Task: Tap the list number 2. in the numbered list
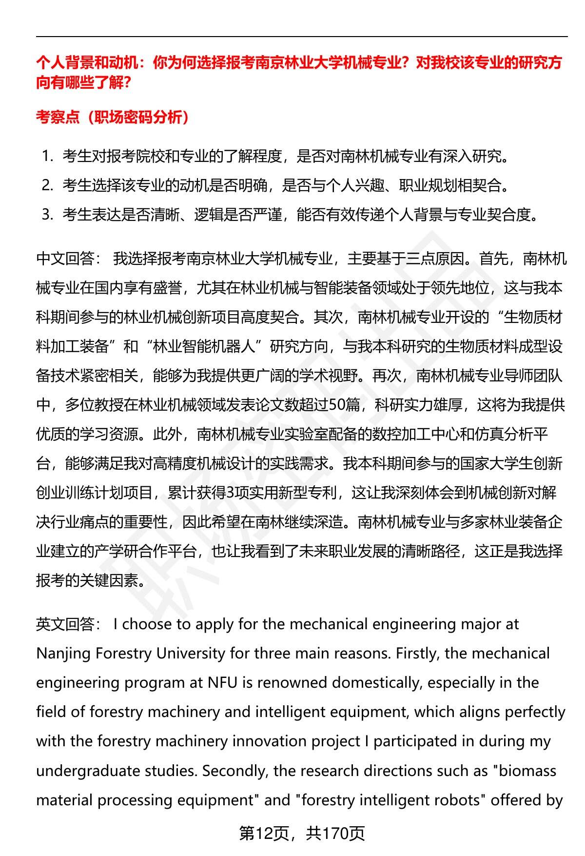tap(47, 185)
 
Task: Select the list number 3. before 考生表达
tap(47, 214)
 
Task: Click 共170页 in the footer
tap(335, 834)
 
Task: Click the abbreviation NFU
tap(222, 683)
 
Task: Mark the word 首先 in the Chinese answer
tap(493, 259)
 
